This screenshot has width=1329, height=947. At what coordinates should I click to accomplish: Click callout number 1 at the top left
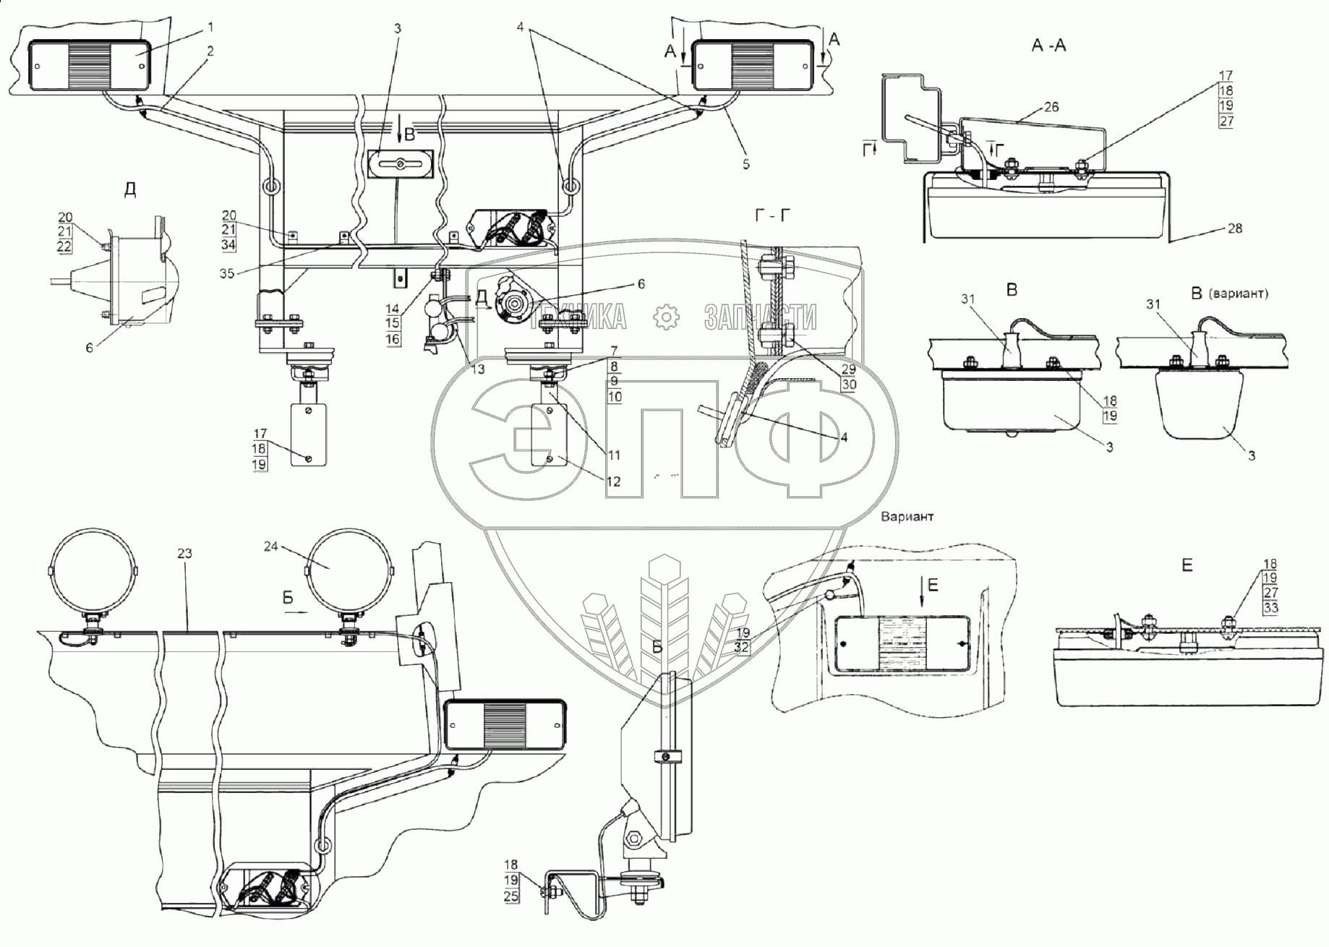click(x=210, y=27)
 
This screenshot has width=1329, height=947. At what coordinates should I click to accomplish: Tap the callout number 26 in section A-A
click(x=1051, y=107)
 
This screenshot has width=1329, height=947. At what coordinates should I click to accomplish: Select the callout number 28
click(x=1235, y=228)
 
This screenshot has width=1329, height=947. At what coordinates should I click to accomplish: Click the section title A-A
click(x=1048, y=45)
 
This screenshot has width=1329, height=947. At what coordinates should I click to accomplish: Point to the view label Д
click(x=130, y=190)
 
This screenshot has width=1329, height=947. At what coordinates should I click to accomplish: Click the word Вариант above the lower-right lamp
click(x=907, y=517)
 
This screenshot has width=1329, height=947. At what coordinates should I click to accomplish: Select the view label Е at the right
click(x=1187, y=566)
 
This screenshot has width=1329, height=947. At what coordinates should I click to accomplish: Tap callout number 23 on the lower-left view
click(x=184, y=553)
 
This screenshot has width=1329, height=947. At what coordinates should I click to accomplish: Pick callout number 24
click(x=270, y=547)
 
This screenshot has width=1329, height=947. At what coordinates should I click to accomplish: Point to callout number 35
click(x=227, y=274)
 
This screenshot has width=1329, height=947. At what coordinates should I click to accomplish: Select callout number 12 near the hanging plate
click(x=613, y=481)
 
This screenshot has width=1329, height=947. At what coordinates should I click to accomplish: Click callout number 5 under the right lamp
click(x=746, y=164)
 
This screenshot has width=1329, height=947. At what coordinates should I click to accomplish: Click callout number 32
click(x=742, y=648)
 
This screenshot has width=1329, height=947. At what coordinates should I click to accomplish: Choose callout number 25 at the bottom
click(x=511, y=897)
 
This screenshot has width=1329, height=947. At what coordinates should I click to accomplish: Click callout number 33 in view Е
click(x=1270, y=609)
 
